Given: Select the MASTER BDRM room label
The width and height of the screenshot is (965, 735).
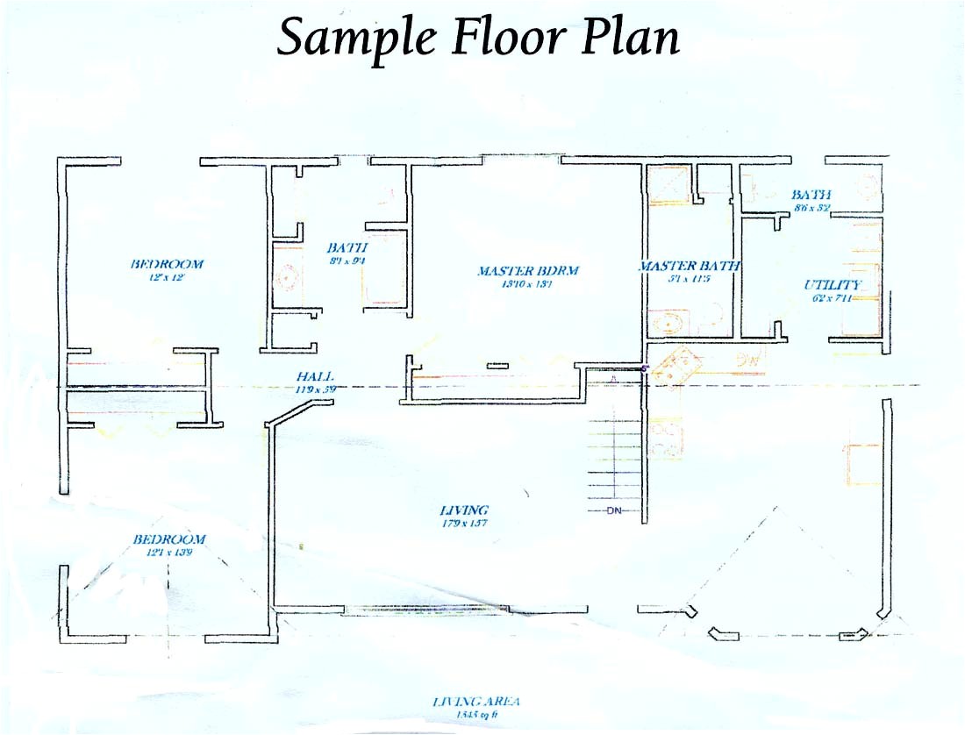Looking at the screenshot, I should click(x=528, y=271).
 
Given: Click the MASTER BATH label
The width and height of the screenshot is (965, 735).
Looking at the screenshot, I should click(x=690, y=266).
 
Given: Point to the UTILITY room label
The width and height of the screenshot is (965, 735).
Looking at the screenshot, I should click(x=833, y=285).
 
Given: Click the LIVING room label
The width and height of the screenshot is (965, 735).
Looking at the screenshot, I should click(x=464, y=510).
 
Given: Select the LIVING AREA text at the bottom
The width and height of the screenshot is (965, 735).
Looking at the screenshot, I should click(x=476, y=701).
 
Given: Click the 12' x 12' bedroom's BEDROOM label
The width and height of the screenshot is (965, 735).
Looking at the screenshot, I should click(x=167, y=263).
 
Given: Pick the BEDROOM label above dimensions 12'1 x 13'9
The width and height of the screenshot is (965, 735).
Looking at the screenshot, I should click(x=169, y=539).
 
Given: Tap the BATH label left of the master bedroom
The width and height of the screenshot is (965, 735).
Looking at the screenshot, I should click(x=347, y=248).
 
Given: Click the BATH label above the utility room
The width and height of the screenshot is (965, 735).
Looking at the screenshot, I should click(x=811, y=195).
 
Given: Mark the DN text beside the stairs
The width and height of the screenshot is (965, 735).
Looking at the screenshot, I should click(x=613, y=511).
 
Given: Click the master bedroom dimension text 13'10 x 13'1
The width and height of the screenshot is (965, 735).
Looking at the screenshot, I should click(x=527, y=283).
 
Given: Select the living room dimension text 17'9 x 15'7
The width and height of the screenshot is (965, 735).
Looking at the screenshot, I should click(x=463, y=523).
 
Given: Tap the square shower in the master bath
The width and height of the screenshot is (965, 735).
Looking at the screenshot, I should click(x=668, y=187).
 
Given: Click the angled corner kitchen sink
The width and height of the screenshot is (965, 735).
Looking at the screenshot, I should click(x=677, y=363).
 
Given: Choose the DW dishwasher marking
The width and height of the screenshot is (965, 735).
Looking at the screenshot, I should click(x=747, y=358).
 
